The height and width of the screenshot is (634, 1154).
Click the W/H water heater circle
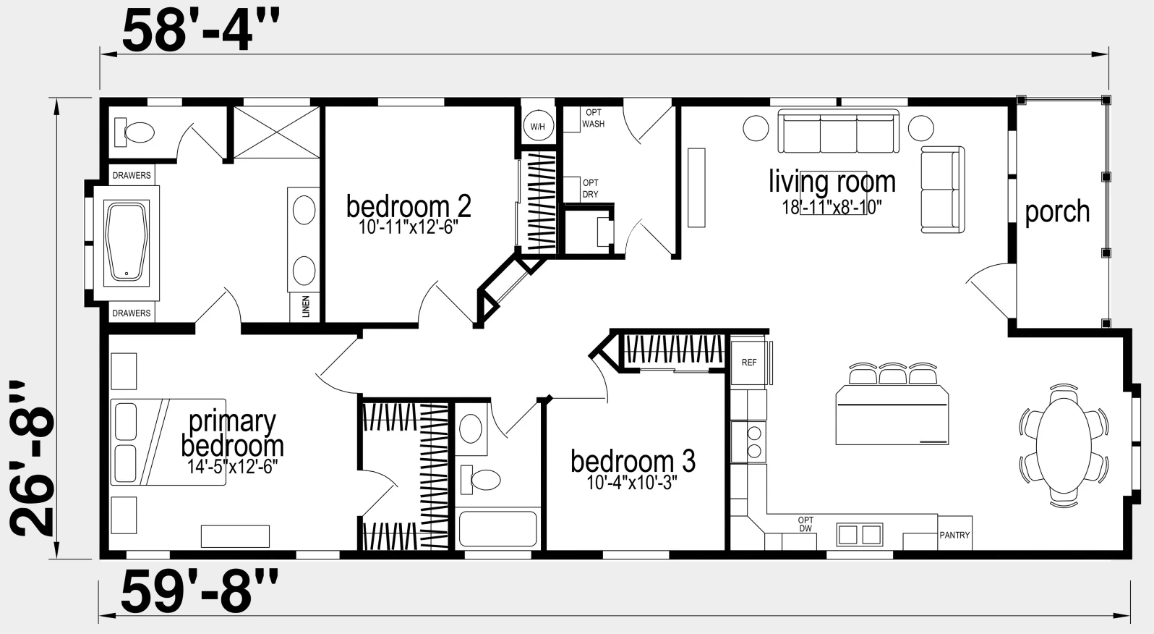pos(537,126)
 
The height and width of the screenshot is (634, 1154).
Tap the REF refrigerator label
pos(749,363)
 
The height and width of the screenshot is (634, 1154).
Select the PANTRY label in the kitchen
pos(954,535)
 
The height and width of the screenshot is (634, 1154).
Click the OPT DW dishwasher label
pos(805,524)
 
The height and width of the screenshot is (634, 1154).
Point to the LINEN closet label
pos(306,306)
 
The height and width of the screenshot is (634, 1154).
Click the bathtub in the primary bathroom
pos(127,243)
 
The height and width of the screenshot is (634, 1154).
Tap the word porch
pos(1057,211)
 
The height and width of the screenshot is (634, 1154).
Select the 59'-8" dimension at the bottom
pos(200,591)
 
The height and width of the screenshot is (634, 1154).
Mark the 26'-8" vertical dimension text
pos(32,459)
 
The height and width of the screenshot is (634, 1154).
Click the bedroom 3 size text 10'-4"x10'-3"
pos(632,483)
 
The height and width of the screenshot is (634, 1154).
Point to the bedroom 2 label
pos(409,206)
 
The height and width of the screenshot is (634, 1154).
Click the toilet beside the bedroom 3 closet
pos(480,480)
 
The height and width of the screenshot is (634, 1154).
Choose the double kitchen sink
pos(859,534)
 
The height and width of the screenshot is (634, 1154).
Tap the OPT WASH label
pos(593,118)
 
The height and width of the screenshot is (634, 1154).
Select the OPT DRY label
pos(591,188)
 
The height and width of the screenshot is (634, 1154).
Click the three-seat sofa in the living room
pos(838,131)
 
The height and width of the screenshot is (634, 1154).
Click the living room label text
pos(832,182)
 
